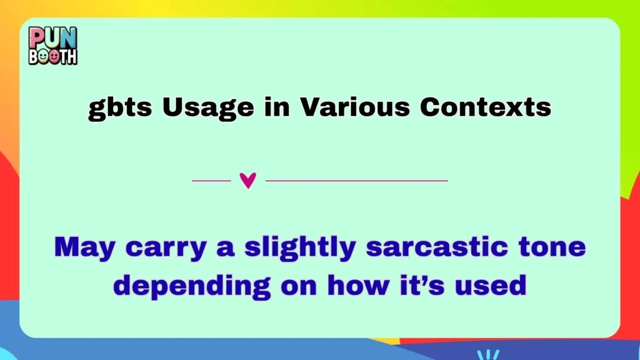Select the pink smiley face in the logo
54,56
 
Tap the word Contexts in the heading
486,107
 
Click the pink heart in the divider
248,181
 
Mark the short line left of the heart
211,181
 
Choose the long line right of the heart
357,181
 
